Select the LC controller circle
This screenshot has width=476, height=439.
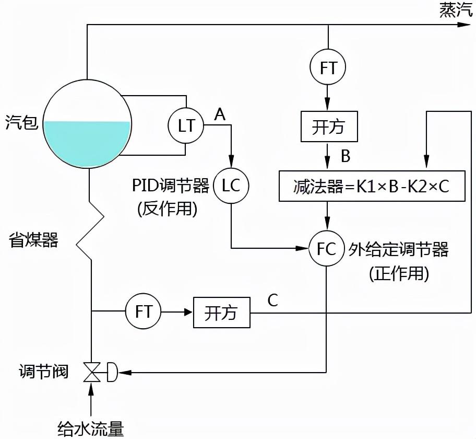(x=231, y=186)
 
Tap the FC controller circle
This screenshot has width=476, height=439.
(x=327, y=248)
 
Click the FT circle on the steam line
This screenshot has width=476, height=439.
(x=328, y=67)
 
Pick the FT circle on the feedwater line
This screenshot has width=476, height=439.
(x=144, y=312)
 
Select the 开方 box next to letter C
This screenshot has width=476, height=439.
(x=221, y=313)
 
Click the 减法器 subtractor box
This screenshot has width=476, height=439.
(x=372, y=186)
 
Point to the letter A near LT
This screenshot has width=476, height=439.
(x=220, y=114)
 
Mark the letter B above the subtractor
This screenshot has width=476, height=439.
(x=346, y=155)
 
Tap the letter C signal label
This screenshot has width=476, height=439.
(x=272, y=301)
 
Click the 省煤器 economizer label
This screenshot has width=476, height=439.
(x=33, y=240)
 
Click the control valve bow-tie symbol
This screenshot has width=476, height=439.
(x=92, y=373)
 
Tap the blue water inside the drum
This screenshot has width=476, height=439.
(x=87, y=144)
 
